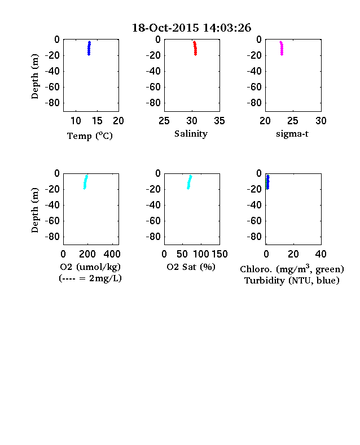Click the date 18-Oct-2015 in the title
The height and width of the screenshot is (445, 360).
coord(165,28)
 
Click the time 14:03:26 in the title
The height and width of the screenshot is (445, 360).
coord(227,28)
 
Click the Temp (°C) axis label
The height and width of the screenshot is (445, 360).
coord(90,136)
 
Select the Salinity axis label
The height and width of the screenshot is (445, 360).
coord(191,134)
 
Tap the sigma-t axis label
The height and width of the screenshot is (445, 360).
coord(292,134)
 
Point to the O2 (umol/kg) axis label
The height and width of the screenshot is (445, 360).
coord(90,267)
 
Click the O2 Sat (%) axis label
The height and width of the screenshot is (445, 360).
coord(191,267)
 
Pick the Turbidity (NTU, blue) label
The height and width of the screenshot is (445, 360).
coord(292,281)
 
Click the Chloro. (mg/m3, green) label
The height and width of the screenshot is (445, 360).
coord(292,269)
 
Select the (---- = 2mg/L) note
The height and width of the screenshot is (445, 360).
coord(90,278)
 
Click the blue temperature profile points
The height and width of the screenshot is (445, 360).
coord(89,48)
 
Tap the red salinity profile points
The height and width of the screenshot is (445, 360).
coord(195,48)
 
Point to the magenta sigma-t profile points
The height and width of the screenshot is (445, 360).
coord(282,48)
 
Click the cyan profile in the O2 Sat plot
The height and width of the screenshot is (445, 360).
coord(190,182)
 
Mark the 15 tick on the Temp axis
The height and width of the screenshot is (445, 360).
coord(97,121)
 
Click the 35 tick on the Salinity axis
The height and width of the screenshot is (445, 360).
coord(219,121)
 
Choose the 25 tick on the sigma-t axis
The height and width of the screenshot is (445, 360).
coord(293,121)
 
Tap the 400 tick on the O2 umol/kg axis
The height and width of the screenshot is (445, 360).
coord(112,254)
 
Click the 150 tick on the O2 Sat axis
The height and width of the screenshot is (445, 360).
coord(219,254)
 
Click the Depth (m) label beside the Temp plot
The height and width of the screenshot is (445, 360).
coord(34,76)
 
